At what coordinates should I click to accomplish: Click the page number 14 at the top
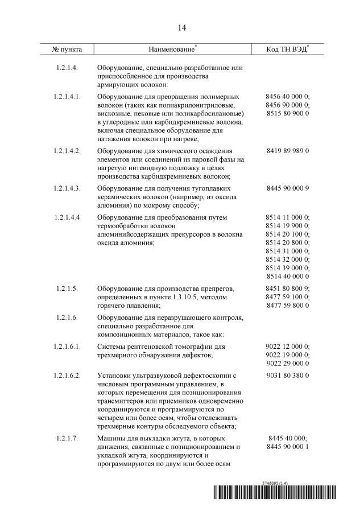(x=181, y=27)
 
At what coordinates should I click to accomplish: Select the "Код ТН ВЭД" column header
(x=287, y=50)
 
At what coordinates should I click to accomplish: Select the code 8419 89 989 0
(x=287, y=151)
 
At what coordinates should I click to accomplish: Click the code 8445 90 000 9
(x=287, y=187)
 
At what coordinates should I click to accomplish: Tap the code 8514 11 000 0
(x=287, y=217)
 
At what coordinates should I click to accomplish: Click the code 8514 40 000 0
(x=287, y=277)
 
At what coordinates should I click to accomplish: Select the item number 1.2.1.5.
(x=67, y=289)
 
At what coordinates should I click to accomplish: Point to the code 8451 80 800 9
(x=287, y=289)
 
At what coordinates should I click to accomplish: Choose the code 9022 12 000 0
(x=287, y=346)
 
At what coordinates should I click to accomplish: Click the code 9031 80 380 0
(x=287, y=376)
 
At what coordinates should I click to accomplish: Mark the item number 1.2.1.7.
(x=67, y=439)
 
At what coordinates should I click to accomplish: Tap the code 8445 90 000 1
(x=287, y=447)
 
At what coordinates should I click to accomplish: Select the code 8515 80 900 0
(x=287, y=114)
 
